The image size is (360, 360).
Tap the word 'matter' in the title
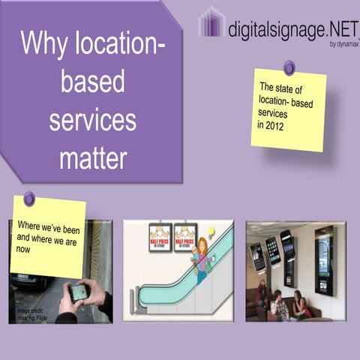point(93,157)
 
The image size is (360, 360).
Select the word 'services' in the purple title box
point(93,120)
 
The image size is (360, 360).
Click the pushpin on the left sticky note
point(29,199)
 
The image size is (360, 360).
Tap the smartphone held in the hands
point(78,292)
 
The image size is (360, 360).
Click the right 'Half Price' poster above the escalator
point(184,235)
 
